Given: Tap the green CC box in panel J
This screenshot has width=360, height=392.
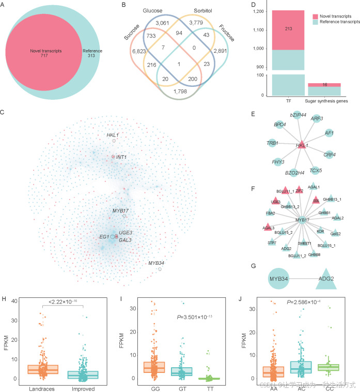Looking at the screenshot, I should click(x=330, y=367).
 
